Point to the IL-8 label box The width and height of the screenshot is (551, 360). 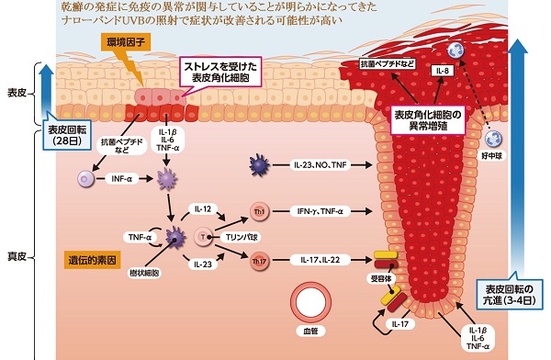444,70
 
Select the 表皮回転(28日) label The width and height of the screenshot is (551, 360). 70,135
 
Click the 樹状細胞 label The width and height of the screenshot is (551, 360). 144,274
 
